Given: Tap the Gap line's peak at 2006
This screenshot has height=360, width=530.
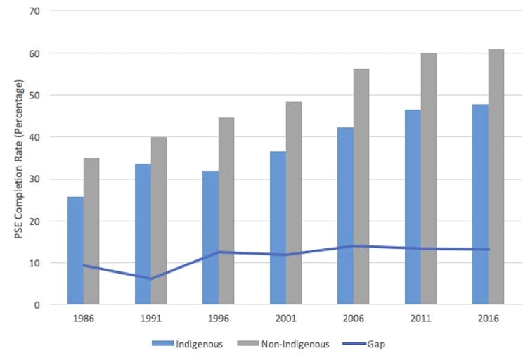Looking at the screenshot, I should [354, 245].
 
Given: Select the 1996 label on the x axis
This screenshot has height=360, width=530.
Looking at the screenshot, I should [218, 319].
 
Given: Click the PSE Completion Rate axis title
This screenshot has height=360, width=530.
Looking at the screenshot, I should [19, 157].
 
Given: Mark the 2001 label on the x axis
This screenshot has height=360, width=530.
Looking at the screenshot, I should [285, 319].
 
